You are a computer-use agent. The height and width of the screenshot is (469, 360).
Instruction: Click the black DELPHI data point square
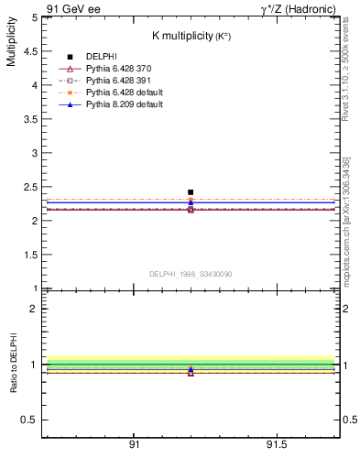[x=191, y=192]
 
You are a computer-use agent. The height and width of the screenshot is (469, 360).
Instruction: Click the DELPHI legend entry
[x=103, y=57]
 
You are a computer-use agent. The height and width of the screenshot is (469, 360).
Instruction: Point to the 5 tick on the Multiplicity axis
[x=37, y=17]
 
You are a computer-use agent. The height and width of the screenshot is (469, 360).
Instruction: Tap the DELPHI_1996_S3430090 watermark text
[x=191, y=274]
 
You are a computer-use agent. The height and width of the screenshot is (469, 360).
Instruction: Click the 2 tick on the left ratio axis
[x=37, y=309]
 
